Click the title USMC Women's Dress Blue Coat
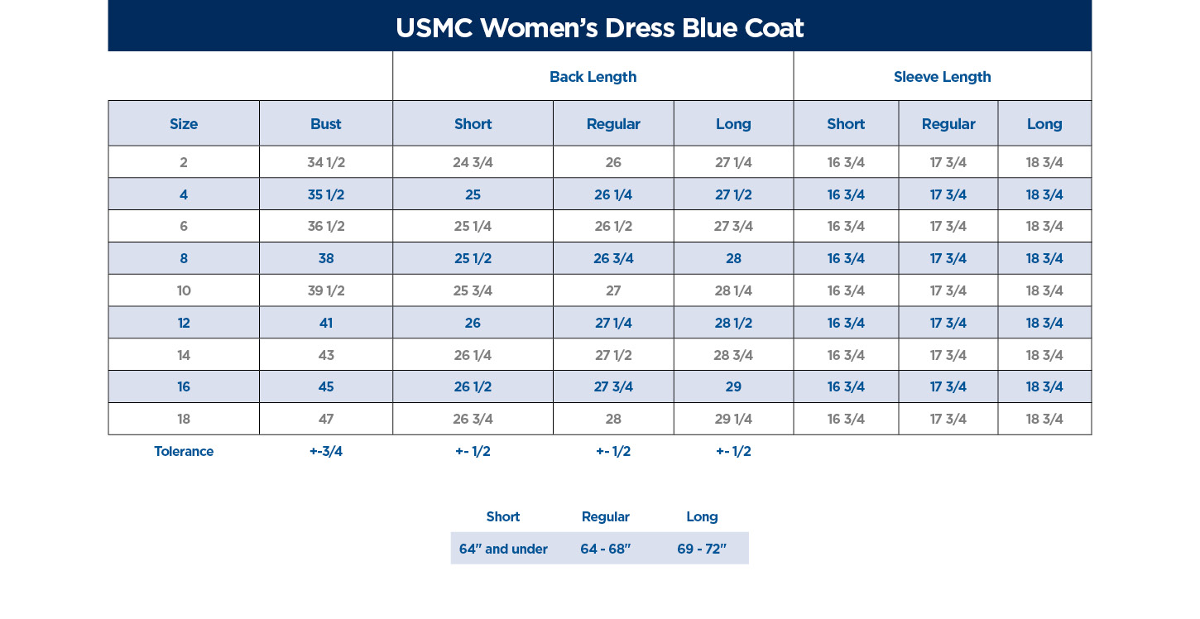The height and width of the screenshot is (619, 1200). [x=599, y=28]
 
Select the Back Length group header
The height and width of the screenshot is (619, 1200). [x=593, y=77]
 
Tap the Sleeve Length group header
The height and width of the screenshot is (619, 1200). [x=942, y=77]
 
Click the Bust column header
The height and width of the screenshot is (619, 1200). [x=325, y=124]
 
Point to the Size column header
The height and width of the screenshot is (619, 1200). [x=184, y=124]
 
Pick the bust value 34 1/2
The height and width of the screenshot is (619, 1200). [x=325, y=162]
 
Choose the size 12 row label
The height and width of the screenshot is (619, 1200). [x=184, y=323]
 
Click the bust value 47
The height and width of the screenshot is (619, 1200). [x=325, y=419]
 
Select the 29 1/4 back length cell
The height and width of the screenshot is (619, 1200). [x=733, y=419]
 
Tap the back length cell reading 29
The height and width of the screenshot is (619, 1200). [x=733, y=386]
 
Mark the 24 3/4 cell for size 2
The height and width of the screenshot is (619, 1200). [x=473, y=162]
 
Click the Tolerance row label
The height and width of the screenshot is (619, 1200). [x=184, y=451]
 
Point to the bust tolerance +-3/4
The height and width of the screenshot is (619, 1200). [x=325, y=451]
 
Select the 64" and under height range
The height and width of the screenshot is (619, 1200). [x=503, y=549]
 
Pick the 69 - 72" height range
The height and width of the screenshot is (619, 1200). [x=702, y=549]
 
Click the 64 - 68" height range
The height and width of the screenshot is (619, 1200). [x=606, y=549]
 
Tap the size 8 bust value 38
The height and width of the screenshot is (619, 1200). [x=325, y=258]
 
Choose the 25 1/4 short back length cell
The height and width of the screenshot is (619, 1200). [x=473, y=226]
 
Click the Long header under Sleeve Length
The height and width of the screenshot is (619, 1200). [x=1044, y=124]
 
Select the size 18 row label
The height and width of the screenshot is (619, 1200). [x=184, y=419]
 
